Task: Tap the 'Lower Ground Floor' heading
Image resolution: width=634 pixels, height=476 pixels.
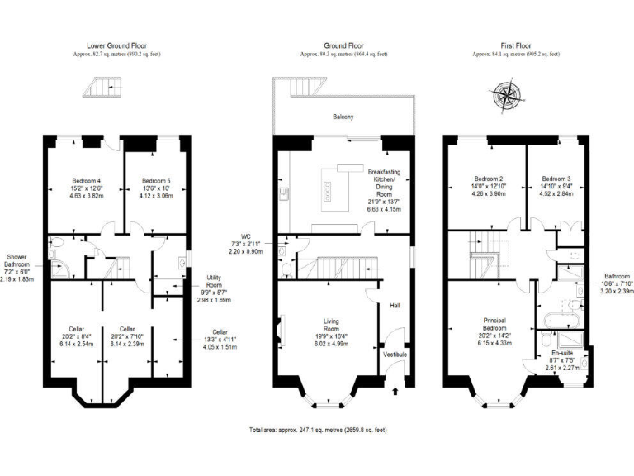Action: click(116, 46)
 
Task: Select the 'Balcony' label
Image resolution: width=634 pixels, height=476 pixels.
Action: click(343, 117)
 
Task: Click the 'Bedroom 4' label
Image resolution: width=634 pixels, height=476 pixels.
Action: click(87, 180)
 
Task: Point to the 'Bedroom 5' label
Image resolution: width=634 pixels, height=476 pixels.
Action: click(155, 180)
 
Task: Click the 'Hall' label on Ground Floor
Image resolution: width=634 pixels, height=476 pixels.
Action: click(395, 306)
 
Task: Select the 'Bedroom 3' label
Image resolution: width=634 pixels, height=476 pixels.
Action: click(556, 178)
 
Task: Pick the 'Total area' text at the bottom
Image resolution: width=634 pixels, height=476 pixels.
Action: click(318, 430)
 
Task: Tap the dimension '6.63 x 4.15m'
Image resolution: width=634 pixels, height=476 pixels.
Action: click(384, 209)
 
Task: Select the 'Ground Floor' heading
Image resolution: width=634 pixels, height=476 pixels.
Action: click(343, 46)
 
